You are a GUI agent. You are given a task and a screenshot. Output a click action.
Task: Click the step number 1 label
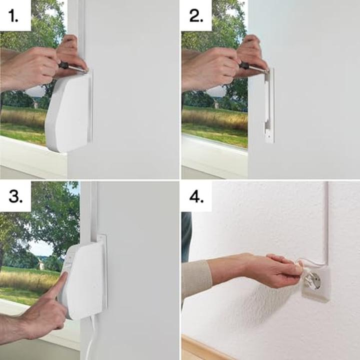(13, 16)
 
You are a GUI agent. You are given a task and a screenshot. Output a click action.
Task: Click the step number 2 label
(196, 16)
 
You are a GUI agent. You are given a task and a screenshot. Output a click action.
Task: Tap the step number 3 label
(15, 197)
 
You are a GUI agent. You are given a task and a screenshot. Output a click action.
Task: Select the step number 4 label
(196, 197)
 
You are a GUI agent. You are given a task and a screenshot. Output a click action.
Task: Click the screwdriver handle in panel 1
(64, 65)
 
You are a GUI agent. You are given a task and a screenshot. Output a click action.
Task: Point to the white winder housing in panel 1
(68, 112)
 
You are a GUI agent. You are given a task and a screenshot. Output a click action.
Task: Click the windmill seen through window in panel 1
(35, 104)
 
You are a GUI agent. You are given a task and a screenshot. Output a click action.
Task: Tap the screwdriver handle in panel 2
(244, 65)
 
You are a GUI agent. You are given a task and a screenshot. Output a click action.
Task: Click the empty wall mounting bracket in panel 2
(269, 105)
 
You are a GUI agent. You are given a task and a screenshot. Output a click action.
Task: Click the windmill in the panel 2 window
(216, 104)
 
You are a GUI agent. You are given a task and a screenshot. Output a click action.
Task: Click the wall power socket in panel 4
(315, 285)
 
